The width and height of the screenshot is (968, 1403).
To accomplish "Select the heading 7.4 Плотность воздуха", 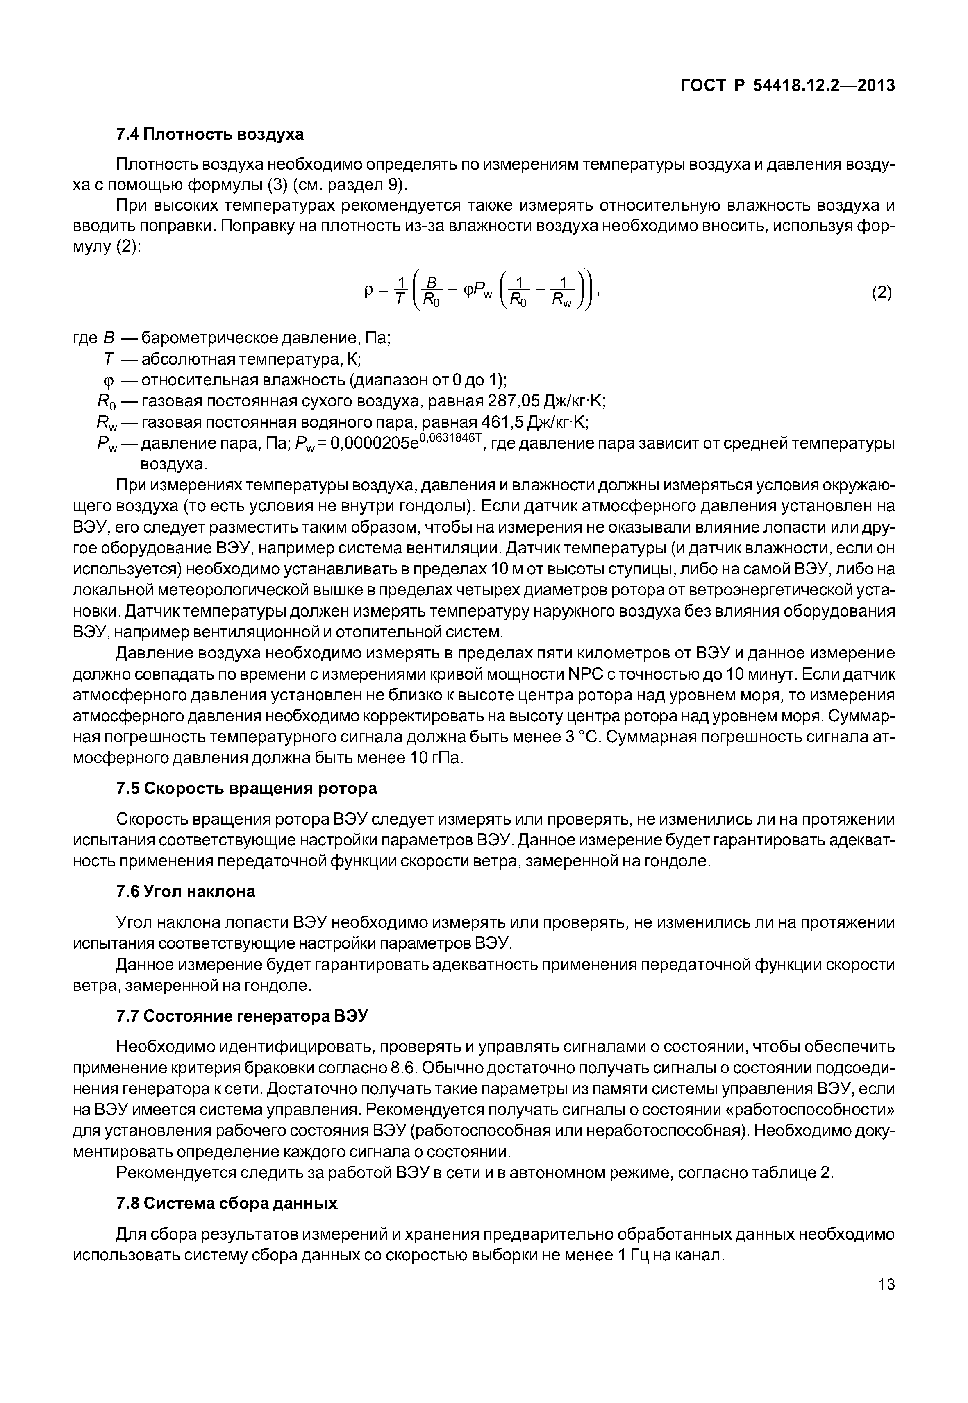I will [209, 134].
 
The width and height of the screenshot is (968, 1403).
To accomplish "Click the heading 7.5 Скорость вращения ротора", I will [246, 788].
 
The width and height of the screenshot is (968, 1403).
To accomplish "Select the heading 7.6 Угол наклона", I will [186, 892].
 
